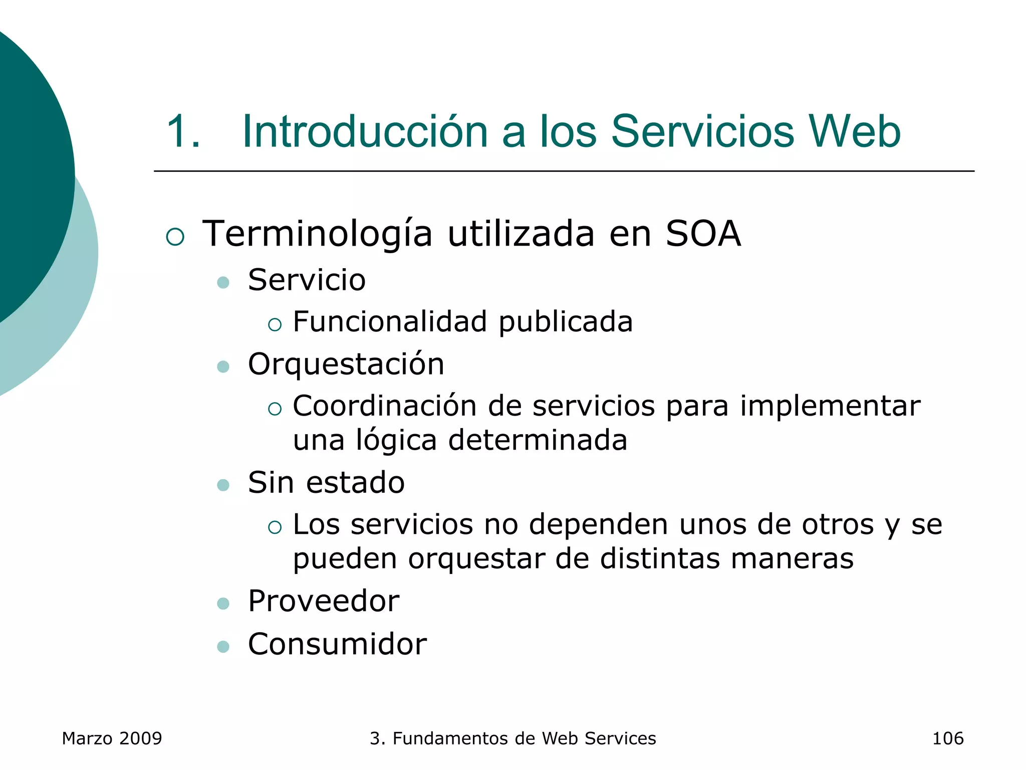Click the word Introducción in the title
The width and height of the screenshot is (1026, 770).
click(x=365, y=131)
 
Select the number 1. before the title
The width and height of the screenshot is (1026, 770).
click(x=183, y=131)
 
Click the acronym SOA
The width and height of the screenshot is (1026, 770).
click(x=703, y=234)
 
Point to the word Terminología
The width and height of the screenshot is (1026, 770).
click(x=317, y=235)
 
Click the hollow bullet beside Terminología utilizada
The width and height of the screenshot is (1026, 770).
click(x=175, y=237)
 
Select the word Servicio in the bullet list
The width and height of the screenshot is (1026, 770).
click(x=307, y=280)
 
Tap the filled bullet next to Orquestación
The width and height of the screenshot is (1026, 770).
click(x=223, y=367)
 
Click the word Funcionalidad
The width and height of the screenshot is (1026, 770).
click(x=390, y=322)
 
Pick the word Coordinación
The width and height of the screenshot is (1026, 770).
click(x=384, y=406)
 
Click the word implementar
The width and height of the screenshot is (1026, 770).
click(x=830, y=406)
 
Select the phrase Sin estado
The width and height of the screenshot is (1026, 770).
click(x=326, y=482)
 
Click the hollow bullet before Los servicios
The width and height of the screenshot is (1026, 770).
click(x=275, y=527)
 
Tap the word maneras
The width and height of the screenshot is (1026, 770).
click(x=792, y=558)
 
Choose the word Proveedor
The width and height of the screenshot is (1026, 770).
click(x=324, y=601)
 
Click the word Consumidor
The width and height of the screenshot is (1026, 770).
click(x=337, y=644)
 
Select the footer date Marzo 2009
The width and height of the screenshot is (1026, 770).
click(x=112, y=738)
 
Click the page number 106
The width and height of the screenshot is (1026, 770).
click(x=947, y=738)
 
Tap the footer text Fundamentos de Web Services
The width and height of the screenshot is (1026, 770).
click(x=524, y=738)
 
